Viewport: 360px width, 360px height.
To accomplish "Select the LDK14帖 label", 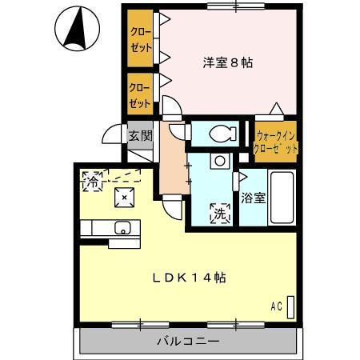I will pyautogui.click(x=189, y=278).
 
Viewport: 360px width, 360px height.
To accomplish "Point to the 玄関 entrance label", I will pyautogui.click(x=141, y=136).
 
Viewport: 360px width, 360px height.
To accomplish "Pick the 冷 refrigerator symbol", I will pyautogui.click(x=93, y=181).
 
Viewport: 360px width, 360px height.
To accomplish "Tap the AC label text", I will pyautogui.click(x=276, y=306).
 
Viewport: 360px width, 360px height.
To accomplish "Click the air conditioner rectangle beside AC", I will pyautogui.click(x=290, y=306).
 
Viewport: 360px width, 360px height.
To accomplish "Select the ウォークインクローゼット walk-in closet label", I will pyautogui.click(x=275, y=142).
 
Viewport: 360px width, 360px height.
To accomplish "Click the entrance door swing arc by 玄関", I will pyautogui.click(x=113, y=136).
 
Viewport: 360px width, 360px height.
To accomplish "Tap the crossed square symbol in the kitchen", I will pyautogui.click(x=125, y=197).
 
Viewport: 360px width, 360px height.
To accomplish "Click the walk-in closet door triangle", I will pyautogui.click(x=275, y=109).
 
